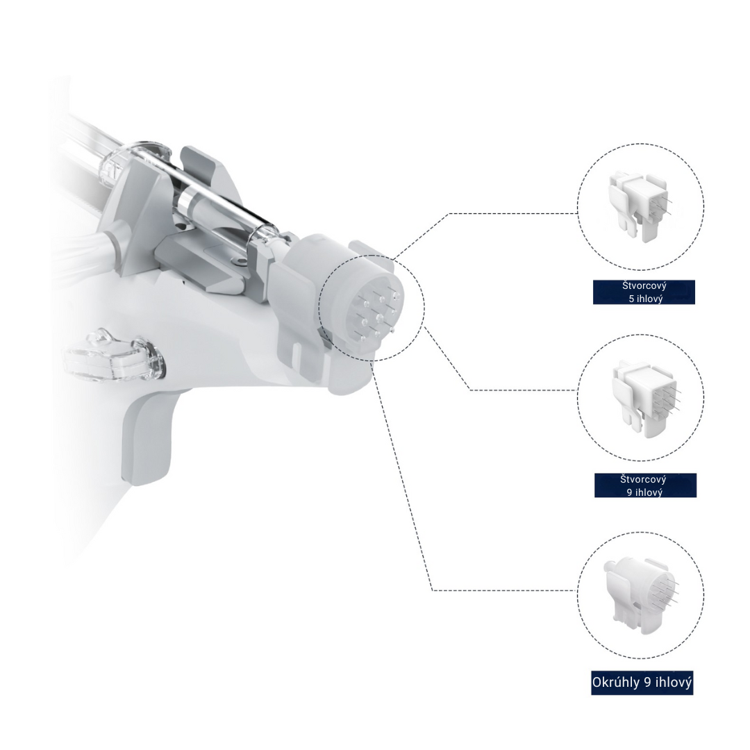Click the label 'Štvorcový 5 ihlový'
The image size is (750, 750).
coord(644,292)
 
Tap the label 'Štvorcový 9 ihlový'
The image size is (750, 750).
coord(645,485)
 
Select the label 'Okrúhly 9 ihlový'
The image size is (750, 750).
coord(642,683)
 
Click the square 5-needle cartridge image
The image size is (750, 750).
coord(637,206)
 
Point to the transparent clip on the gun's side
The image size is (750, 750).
coord(111,356)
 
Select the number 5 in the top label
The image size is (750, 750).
coord(631,299)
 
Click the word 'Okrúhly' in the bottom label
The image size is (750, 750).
coord(616,683)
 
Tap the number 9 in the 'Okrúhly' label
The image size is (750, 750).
coord(647,683)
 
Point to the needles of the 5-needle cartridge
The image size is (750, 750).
coord(663,203)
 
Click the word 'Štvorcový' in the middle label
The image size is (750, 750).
coord(644,479)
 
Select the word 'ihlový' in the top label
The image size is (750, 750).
coord(649,299)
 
